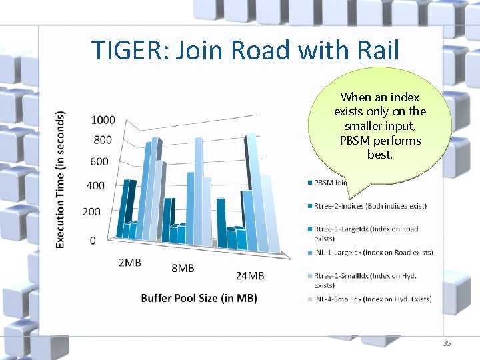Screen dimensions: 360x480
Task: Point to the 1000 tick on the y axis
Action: point(103,120)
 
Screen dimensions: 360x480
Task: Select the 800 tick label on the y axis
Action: point(103,140)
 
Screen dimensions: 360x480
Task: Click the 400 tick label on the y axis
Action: point(96,185)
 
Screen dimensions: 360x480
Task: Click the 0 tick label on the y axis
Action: point(93,240)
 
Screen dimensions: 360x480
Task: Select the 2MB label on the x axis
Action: point(130,263)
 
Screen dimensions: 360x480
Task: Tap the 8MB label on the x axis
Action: point(183,268)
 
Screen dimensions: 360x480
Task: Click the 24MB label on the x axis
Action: point(250,275)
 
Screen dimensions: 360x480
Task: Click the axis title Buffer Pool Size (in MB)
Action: point(199,298)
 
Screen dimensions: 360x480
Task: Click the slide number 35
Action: point(446,343)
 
